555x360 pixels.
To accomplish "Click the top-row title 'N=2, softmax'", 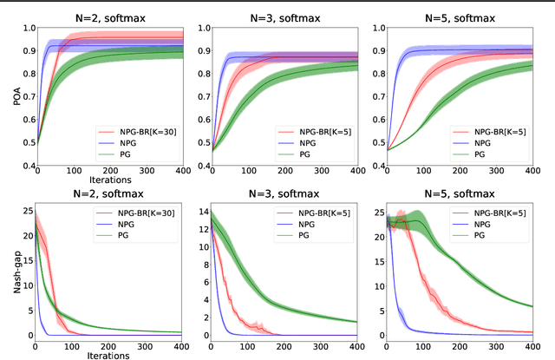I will point(107,11).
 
